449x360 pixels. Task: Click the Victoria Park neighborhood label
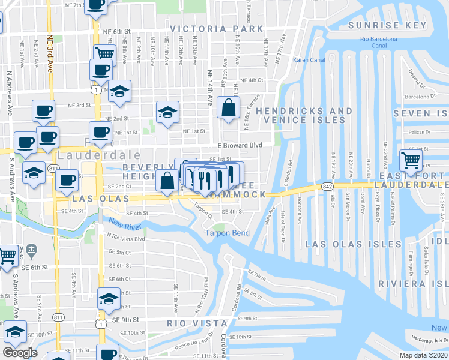click(x=216, y=29)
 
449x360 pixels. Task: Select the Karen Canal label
click(x=307, y=60)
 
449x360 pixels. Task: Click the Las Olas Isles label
click(x=353, y=244)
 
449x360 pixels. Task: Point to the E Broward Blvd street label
click(x=240, y=145)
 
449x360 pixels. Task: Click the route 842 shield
click(x=327, y=187)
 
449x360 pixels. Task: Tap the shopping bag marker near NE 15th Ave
click(x=229, y=109)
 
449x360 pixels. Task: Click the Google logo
click(x=20, y=352)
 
